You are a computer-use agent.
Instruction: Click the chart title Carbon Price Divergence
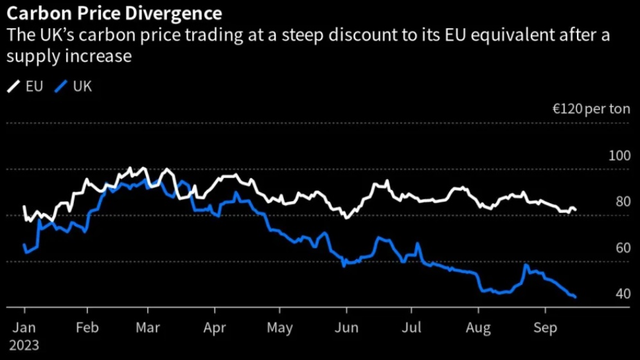(x=114, y=13)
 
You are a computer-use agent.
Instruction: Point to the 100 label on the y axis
(x=619, y=156)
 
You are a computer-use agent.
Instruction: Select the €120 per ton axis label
(x=591, y=109)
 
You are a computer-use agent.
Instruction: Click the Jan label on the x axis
(x=24, y=327)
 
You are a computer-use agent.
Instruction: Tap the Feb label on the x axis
(x=87, y=327)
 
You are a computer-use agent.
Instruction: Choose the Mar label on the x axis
(x=148, y=327)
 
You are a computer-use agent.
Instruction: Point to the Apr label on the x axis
(x=215, y=327)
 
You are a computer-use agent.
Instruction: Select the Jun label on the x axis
(x=346, y=327)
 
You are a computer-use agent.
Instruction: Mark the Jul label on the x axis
(x=411, y=327)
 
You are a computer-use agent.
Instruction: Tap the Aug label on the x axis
(x=478, y=327)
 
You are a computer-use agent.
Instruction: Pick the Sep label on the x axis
(x=545, y=327)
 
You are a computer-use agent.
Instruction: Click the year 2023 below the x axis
(x=24, y=345)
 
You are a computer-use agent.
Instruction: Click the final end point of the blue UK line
(x=575, y=297)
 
